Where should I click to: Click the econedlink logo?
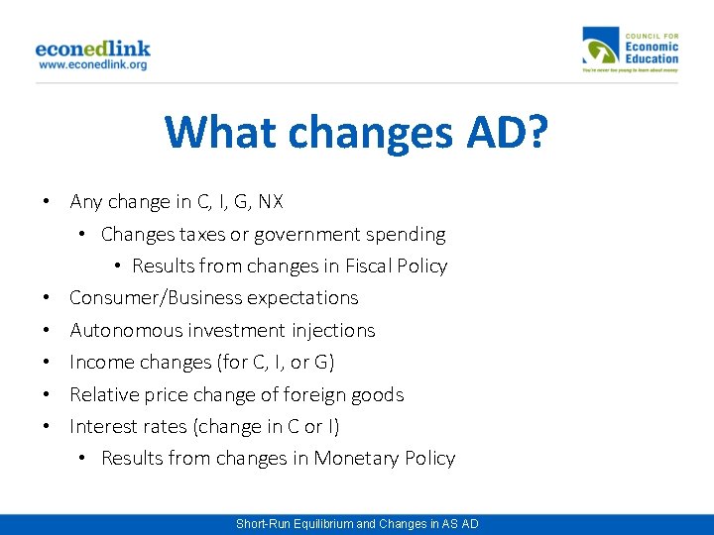[x=92, y=47]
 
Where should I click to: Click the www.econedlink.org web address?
[x=92, y=64]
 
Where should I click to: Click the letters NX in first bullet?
[x=270, y=202]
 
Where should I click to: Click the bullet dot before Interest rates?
[x=47, y=427]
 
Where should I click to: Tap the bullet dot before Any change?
[x=47, y=202]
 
